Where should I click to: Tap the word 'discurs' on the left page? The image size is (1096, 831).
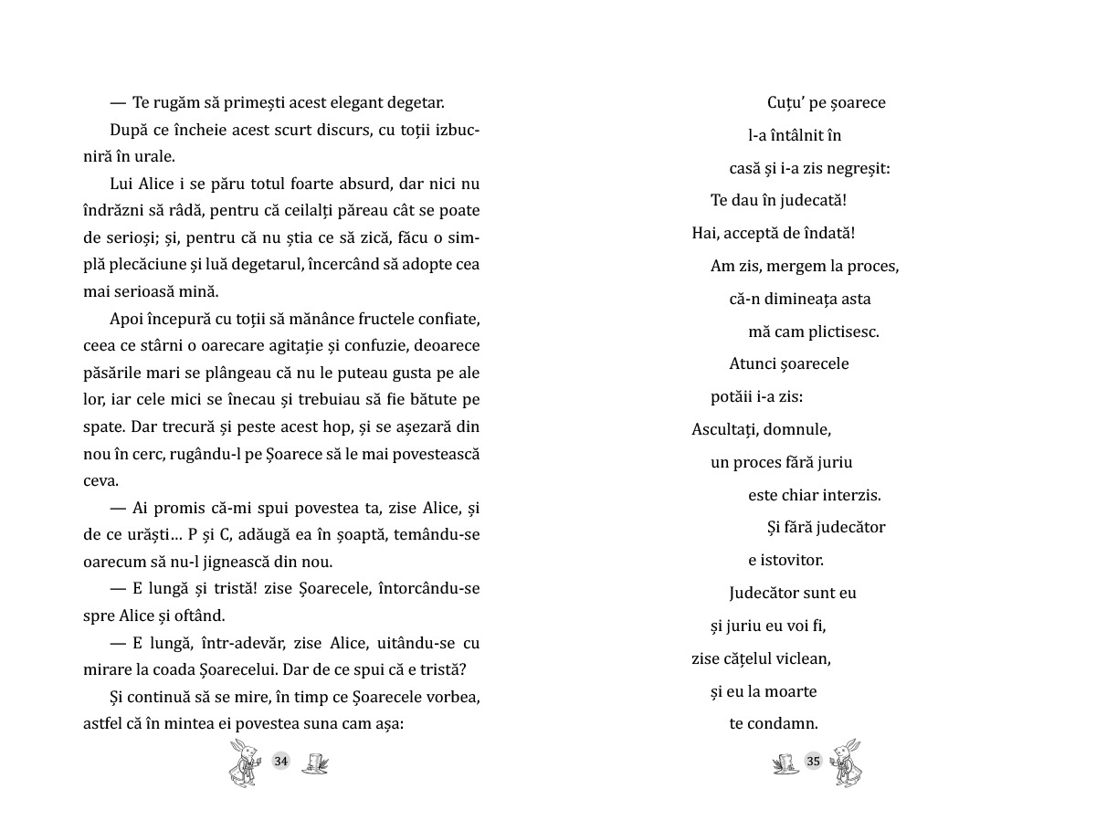click(x=302, y=130)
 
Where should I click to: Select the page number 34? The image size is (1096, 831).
click(x=281, y=762)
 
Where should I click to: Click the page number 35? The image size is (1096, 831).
click(x=814, y=762)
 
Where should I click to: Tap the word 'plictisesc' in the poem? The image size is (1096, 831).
click(x=842, y=331)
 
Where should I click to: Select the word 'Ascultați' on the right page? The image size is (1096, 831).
click(x=723, y=429)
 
